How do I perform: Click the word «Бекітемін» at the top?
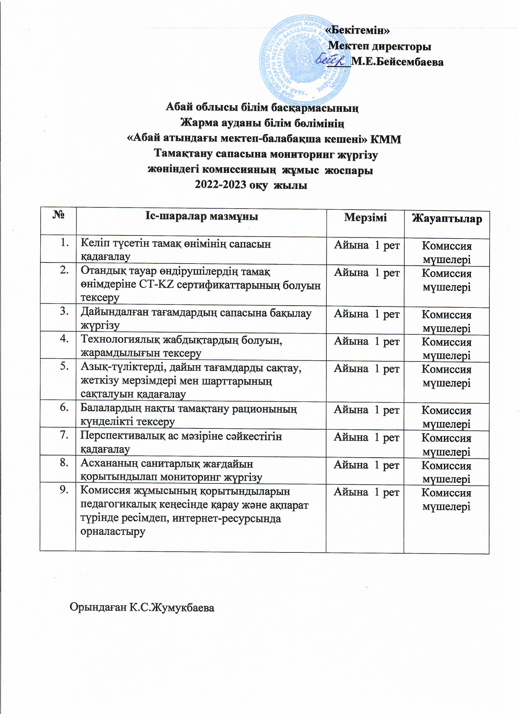click(x=358, y=31)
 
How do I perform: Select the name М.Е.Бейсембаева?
click(x=397, y=62)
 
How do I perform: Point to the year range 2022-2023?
click(x=220, y=185)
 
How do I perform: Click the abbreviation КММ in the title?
click(x=386, y=139)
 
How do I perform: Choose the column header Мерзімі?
click(x=365, y=217)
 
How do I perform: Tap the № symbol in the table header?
click(x=59, y=216)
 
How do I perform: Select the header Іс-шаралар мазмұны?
click(x=201, y=216)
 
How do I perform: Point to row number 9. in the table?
click(x=64, y=490)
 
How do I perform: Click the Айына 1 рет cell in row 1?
click(x=367, y=245)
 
